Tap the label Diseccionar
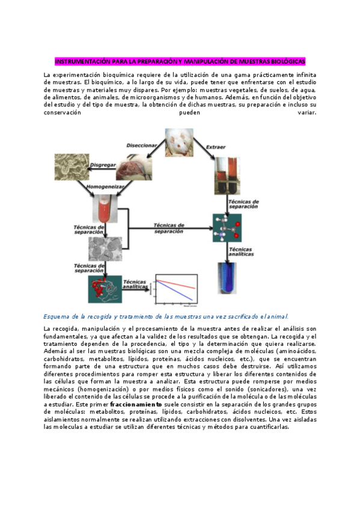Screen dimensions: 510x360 tap(142, 146)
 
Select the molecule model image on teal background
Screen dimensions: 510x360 tap(227, 228)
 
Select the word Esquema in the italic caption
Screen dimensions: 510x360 tap(58, 316)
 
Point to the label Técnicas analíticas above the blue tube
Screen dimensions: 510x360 tap(245, 250)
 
